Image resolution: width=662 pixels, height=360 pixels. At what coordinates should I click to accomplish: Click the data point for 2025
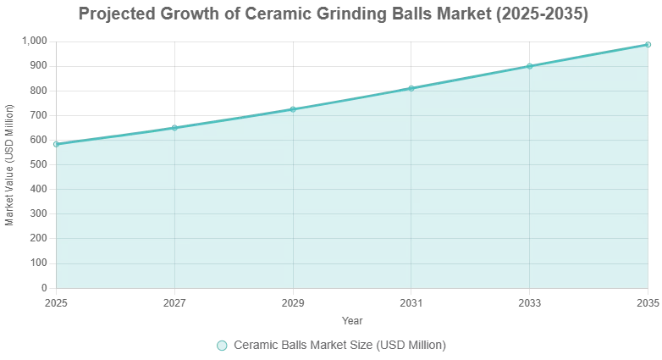[x=56, y=144]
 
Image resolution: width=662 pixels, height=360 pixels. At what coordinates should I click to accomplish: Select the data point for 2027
[x=174, y=127]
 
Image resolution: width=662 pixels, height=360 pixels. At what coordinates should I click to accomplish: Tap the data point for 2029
[x=293, y=108]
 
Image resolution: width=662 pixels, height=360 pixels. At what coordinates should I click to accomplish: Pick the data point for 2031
[x=411, y=87]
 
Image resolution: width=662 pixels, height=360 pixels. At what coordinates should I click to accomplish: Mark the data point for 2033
[x=530, y=65]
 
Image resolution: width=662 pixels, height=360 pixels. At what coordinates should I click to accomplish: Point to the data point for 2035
[x=648, y=44]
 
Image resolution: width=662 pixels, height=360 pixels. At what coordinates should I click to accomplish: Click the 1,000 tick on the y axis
[x=34, y=41]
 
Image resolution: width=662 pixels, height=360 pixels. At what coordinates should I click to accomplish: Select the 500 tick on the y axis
[x=39, y=164]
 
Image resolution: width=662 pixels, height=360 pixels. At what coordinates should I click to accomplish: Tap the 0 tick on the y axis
[x=45, y=288]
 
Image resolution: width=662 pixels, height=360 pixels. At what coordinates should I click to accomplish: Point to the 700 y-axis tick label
[x=39, y=115]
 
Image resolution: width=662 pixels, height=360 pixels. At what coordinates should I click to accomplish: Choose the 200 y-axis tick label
[x=39, y=239]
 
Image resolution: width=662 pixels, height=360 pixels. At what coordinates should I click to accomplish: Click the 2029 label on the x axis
[x=293, y=302]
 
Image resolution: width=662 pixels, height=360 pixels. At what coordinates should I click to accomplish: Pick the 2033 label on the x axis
[x=530, y=302]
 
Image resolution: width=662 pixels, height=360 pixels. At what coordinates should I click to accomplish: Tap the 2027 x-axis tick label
[x=174, y=302]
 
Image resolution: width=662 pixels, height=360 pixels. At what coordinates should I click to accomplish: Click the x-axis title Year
[x=352, y=320]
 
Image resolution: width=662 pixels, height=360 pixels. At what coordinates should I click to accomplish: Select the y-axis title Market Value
[x=9, y=164]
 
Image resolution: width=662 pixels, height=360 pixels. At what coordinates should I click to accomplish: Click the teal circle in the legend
[x=222, y=345]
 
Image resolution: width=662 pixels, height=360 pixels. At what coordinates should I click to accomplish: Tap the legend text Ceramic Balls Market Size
[x=339, y=345]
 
